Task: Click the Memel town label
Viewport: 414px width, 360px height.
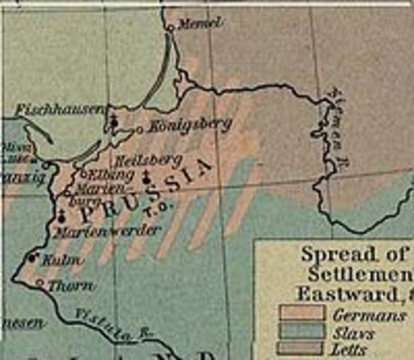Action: pyautogui.click(x=199, y=23)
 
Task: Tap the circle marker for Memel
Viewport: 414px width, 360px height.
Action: pyautogui.click(x=171, y=28)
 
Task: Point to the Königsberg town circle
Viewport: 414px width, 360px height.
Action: pyautogui.click(x=139, y=130)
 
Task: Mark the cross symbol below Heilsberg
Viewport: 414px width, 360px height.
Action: pyautogui.click(x=145, y=178)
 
